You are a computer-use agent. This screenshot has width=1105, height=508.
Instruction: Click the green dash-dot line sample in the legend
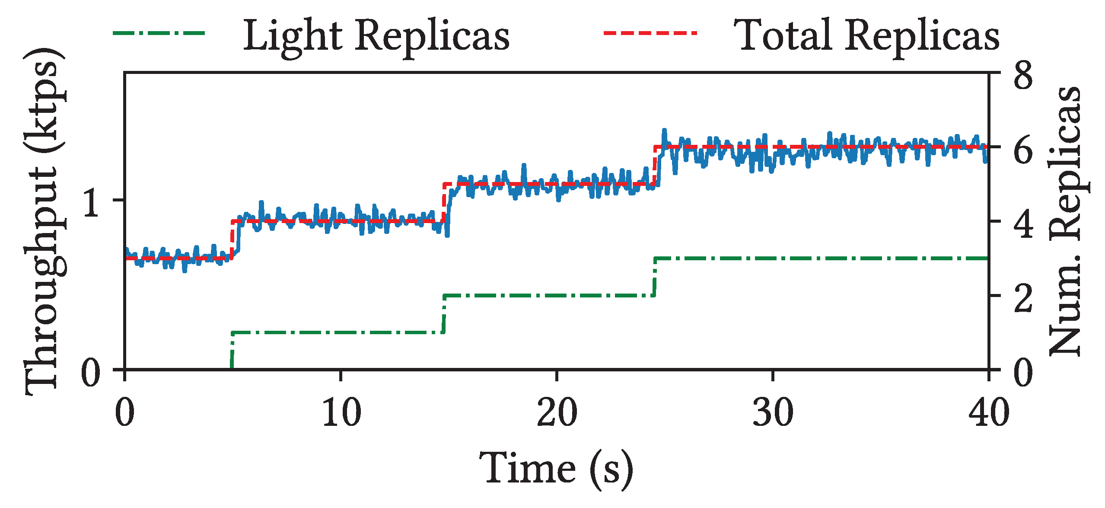point(159,33)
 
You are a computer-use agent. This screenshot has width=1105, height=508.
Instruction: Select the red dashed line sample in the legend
point(650,33)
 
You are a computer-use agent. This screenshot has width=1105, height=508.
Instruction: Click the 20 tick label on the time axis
point(557,413)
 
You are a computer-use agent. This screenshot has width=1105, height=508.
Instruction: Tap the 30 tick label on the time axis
point(773,413)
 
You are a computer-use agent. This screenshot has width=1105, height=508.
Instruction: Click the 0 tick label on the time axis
point(124,413)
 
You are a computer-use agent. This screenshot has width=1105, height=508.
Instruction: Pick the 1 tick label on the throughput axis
point(92,202)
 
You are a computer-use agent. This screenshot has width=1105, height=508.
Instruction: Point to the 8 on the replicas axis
point(1023,76)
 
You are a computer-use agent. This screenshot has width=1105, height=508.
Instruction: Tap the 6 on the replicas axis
point(1023,150)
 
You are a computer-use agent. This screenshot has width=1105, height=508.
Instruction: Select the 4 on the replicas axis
point(1023,224)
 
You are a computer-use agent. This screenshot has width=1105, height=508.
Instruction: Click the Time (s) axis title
point(557,469)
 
